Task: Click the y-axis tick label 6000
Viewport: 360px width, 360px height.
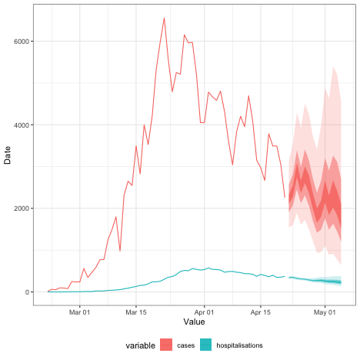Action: pyautogui.click(x=21, y=42)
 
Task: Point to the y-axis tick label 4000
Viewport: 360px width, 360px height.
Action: pyautogui.click(x=21, y=125)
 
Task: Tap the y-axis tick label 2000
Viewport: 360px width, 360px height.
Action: pyautogui.click(x=21, y=208)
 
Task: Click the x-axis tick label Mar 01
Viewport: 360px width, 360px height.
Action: pyautogui.click(x=80, y=312)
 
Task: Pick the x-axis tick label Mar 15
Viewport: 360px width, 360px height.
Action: pyautogui.click(x=136, y=312)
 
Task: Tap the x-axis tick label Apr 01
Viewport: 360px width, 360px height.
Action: pyautogui.click(x=205, y=312)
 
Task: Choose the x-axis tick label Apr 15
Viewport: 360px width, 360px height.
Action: pyautogui.click(x=262, y=312)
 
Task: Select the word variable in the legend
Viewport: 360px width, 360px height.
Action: pyautogui.click(x=141, y=346)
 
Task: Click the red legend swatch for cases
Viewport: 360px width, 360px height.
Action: pyautogui.click(x=167, y=346)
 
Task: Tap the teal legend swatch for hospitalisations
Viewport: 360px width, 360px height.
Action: pyautogui.click(x=206, y=346)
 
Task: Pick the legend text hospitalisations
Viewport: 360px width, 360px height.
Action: pyautogui.click(x=240, y=346)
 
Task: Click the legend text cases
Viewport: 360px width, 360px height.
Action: pyautogui.click(x=185, y=346)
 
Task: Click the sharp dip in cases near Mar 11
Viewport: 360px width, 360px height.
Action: pyautogui.click(x=120, y=251)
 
